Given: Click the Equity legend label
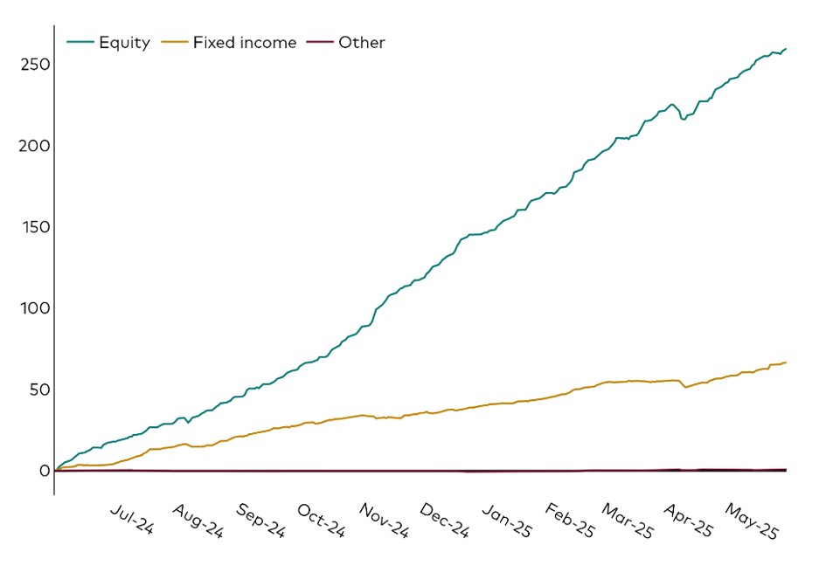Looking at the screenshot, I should [124, 43].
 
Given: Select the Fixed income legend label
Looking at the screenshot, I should [245, 43].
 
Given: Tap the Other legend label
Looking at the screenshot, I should [361, 43].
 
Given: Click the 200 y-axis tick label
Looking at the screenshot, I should [32, 146].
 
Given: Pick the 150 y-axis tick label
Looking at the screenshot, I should [32, 227].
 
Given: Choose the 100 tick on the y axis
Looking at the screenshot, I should [32, 308].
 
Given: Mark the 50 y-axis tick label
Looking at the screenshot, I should [37, 390].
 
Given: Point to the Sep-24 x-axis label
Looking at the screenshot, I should [260, 521].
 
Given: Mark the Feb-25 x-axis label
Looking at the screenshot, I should [569, 521].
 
